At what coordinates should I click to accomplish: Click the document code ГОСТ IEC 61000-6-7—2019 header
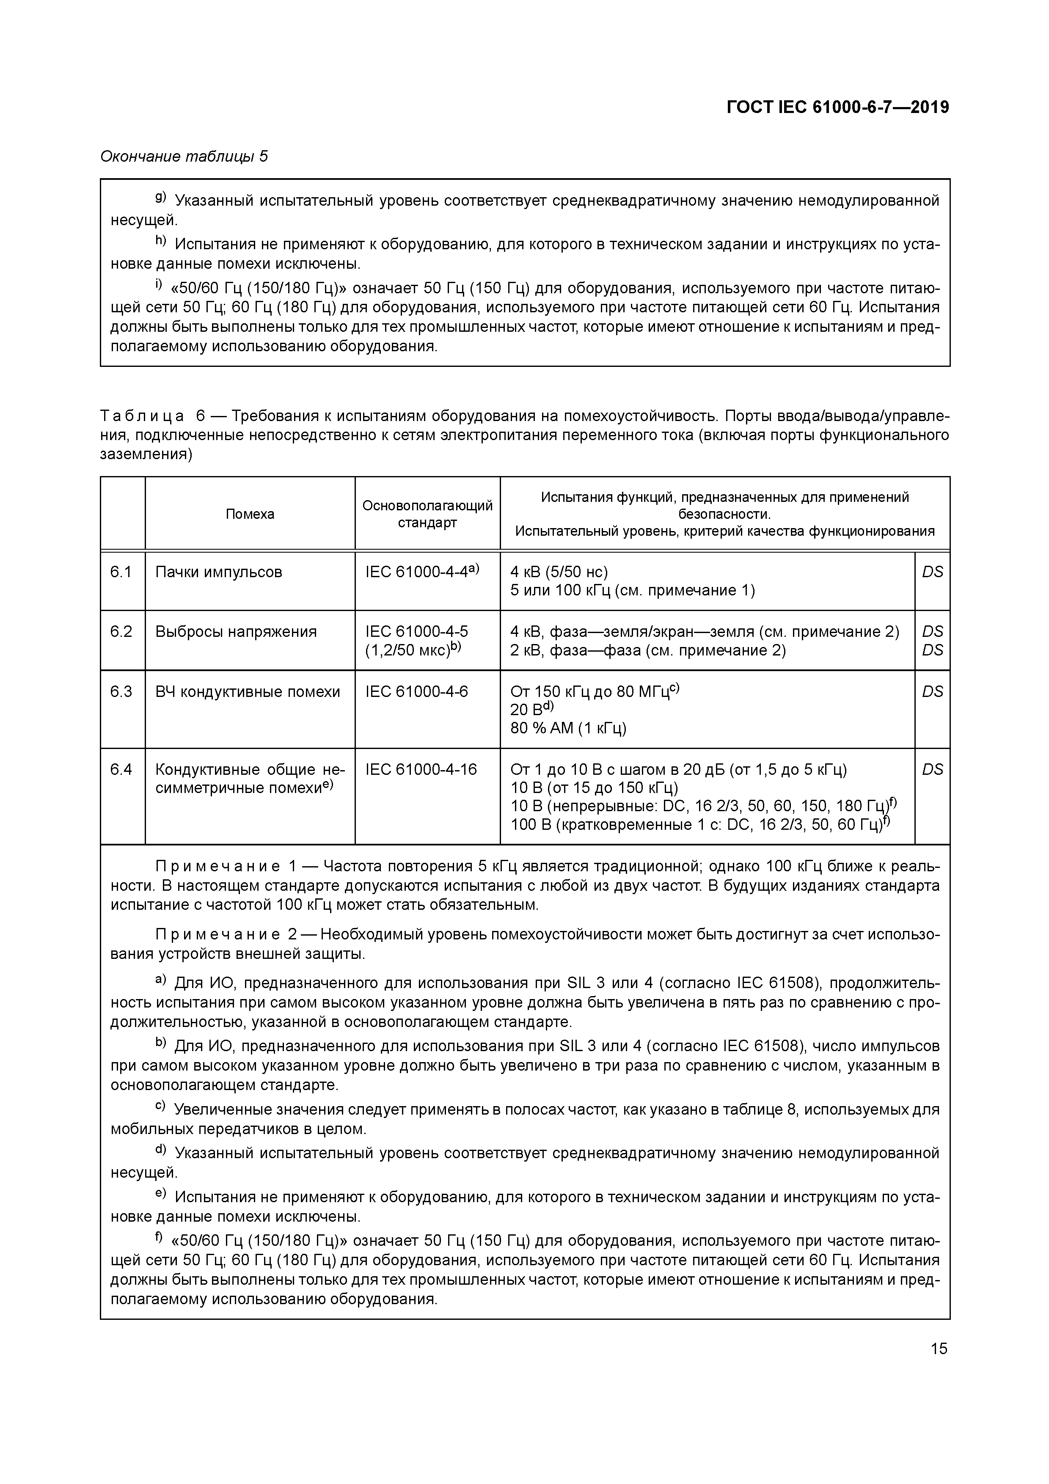(x=838, y=107)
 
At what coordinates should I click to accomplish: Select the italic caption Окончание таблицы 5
(x=184, y=157)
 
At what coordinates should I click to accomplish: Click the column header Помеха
(x=250, y=514)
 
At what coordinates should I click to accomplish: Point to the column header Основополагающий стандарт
(x=427, y=514)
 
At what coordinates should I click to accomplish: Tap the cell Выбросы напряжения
(x=236, y=631)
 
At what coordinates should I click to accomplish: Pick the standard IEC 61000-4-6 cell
(x=416, y=691)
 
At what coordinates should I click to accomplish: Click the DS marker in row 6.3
(x=932, y=691)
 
